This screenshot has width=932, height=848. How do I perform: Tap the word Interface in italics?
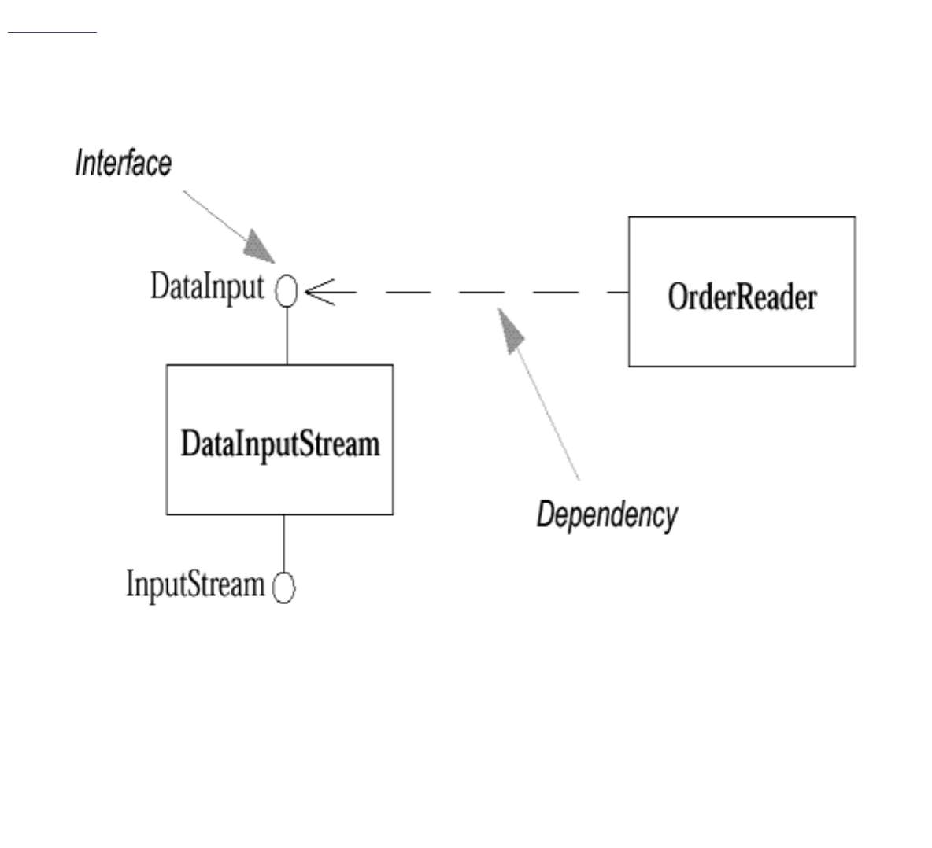pyautogui.click(x=123, y=163)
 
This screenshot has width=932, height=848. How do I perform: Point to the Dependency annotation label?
pyautogui.click(x=606, y=515)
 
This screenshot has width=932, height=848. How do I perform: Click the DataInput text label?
pyautogui.click(x=207, y=288)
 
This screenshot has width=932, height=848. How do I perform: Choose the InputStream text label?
pyautogui.click(x=195, y=585)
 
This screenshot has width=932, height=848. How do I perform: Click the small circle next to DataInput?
pyautogui.click(x=287, y=292)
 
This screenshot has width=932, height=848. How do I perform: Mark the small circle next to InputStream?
pyautogui.click(x=283, y=587)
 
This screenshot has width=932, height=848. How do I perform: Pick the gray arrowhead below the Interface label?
pyautogui.click(x=261, y=247)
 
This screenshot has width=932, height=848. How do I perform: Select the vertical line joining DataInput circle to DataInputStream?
pyautogui.click(x=287, y=335)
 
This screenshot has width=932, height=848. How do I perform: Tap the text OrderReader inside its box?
pyautogui.click(x=742, y=297)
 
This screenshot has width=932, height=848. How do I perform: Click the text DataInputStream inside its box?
pyautogui.click(x=280, y=444)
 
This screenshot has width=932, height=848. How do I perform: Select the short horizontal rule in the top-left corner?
pyautogui.click(x=52, y=33)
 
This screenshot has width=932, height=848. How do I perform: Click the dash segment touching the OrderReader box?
pyautogui.click(x=618, y=293)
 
